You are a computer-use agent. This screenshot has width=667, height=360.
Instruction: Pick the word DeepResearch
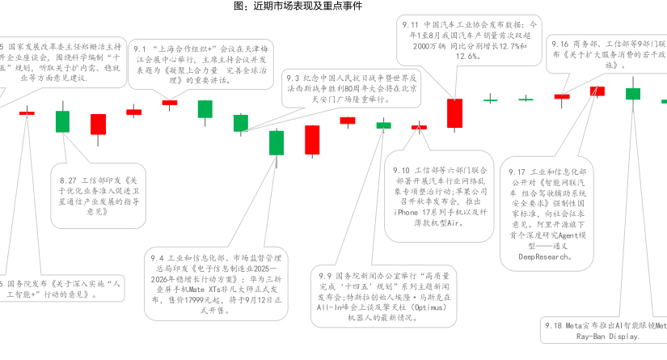[546, 256]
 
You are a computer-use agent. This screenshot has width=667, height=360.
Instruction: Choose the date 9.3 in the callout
[293, 78]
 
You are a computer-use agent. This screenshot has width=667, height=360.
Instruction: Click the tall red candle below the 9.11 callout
[455, 113]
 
